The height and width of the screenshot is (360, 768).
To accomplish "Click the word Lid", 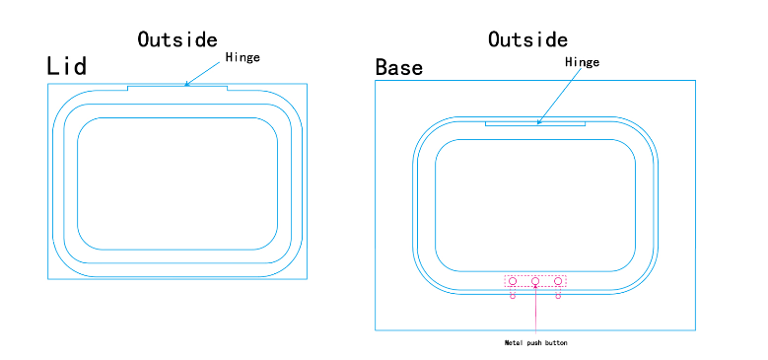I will click(x=67, y=66).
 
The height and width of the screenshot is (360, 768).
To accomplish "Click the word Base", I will click(x=399, y=67).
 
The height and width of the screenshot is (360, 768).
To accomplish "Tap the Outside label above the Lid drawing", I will click(x=177, y=39).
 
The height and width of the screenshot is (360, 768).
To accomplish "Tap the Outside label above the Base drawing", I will click(x=527, y=39).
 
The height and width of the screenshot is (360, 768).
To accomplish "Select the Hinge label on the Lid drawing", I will click(x=243, y=57).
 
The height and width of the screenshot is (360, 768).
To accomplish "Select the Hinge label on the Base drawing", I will click(x=582, y=62).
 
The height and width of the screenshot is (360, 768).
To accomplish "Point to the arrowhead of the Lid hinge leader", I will click(x=186, y=85).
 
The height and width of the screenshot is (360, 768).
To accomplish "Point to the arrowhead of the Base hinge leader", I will click(x=538, y=123).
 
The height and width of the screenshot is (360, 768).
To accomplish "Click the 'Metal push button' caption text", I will click(x=535, y=342).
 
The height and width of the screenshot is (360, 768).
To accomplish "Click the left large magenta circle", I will click(x=513, y=281).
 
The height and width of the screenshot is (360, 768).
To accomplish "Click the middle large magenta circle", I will click(x=535, y=281).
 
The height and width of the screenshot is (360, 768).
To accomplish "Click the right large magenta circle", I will click(x=558, y=281).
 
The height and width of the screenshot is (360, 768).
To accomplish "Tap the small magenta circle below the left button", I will click(x=513, y=297).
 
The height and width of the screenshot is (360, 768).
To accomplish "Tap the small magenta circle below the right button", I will click(x=558, y=297).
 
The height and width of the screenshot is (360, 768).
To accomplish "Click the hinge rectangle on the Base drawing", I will click(x=513, y=123).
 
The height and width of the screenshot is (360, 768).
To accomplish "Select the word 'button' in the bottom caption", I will click(x=556, y=342).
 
